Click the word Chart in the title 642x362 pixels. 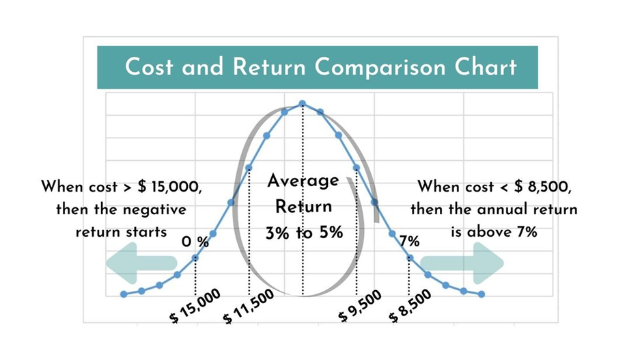(486, 68)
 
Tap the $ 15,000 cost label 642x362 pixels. (196, 306)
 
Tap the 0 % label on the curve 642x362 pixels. (195, 242)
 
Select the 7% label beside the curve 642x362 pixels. (410, 242)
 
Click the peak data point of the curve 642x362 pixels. (303, 104)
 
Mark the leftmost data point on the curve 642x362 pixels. (124, 294)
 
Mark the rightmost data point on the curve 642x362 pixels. (482, 294)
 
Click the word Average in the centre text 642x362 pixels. (303, 181)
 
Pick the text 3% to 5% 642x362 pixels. (303, 233)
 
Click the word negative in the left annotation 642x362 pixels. (154, 209)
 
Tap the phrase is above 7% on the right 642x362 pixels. (494, 232)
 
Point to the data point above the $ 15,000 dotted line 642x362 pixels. (195, 257)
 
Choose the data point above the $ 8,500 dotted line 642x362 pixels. (410, 258)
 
